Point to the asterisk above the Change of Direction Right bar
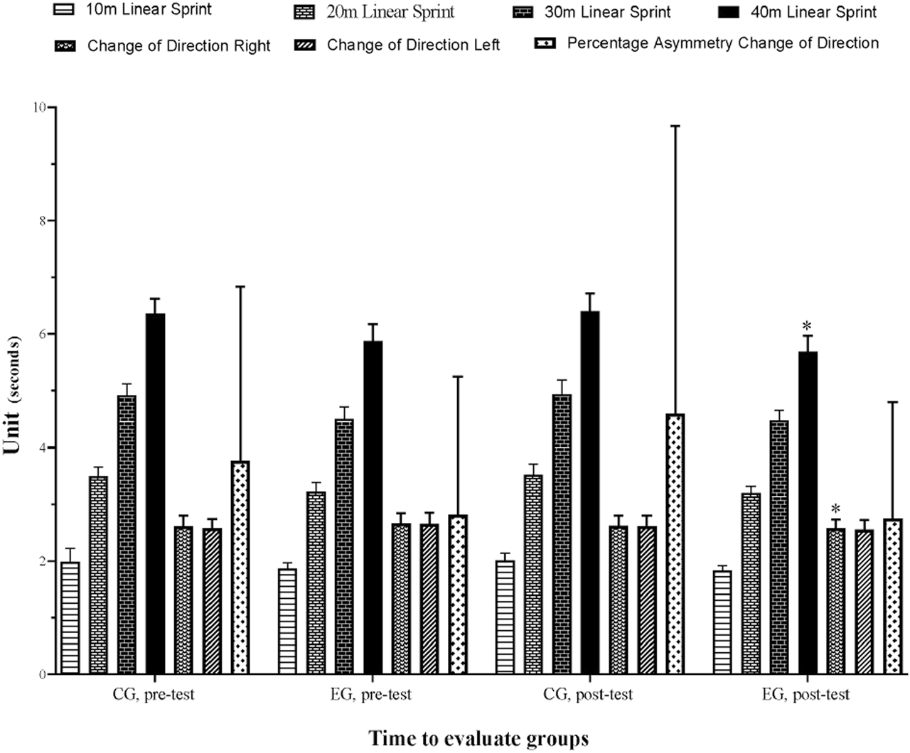[x=835, y=509]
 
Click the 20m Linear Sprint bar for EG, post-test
[x=751, y=583]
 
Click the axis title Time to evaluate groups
[x=478, y=738]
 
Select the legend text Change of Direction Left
[x=413, y=45]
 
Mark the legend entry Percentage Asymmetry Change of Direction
[x=722, y=43]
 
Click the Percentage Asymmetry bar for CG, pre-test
[x=240, y=568]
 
